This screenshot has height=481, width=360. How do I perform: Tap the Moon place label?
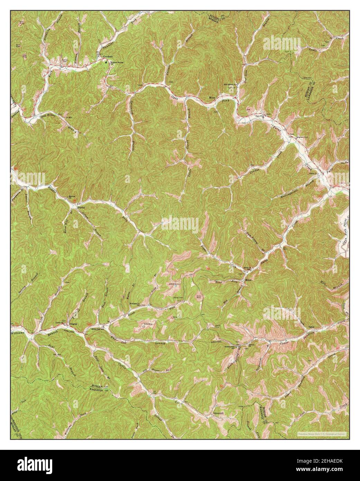point(212,98)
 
